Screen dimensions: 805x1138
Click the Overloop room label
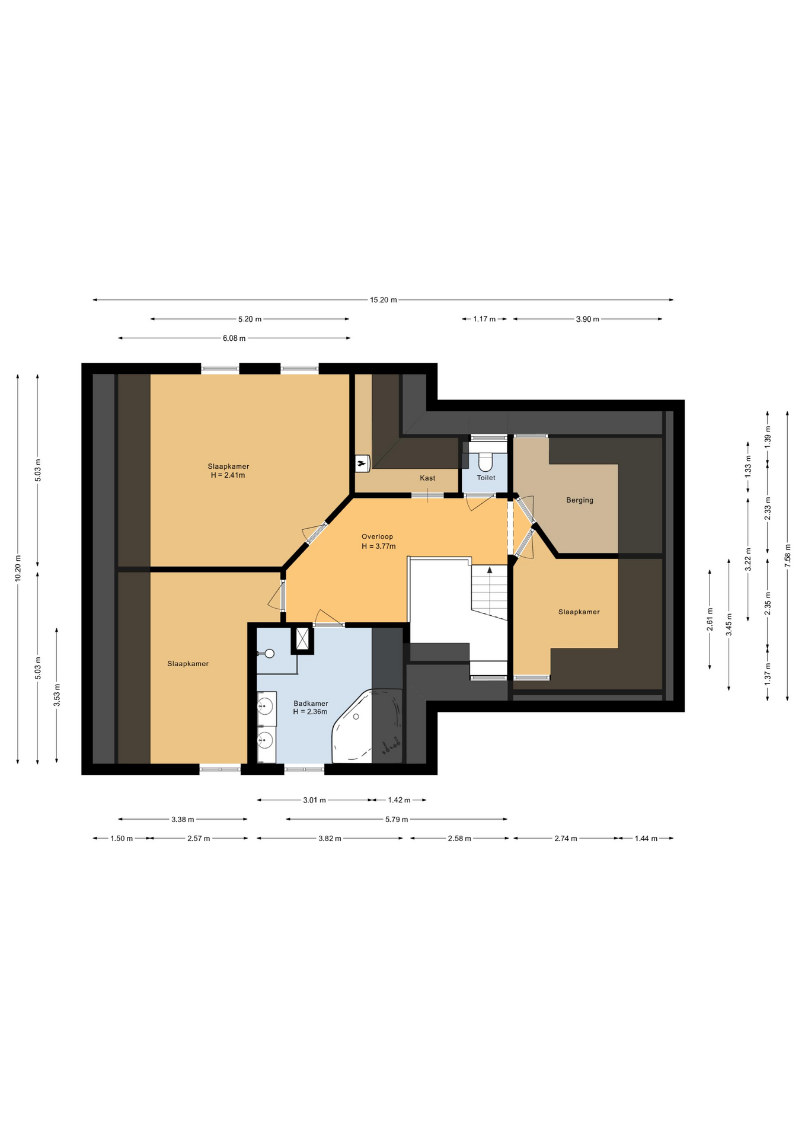(x=378, y=537)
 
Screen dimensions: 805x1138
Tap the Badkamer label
(x=311, y=704)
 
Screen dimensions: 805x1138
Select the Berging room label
(x=580, y=500)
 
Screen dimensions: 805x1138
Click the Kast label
(x=427, y=478)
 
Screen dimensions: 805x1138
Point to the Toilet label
(x=486, y=478)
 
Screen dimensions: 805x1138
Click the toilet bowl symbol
(x=485, y=462)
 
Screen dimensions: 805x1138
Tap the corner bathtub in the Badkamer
(x=367, y=727)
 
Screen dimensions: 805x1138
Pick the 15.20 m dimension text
(x=384, y=300)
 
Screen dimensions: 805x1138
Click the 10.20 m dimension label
(x=18, y=568)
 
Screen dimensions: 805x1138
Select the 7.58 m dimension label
(x=787, y=555)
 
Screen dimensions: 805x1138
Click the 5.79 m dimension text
(x=397, y=819)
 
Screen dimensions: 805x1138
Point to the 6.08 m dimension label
(x=234, y=338)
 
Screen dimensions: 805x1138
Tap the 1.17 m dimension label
(x=484, y=319)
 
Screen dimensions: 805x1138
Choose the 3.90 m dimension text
(x=587, y=319)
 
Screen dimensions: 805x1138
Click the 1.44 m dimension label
(x=646, y=838)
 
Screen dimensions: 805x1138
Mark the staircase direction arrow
(x=490, y=570)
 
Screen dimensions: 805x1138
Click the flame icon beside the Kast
(x=361, y=463)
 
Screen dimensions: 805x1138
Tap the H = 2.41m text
(x=228, y=475)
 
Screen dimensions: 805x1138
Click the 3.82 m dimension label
(x=330, y=838)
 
